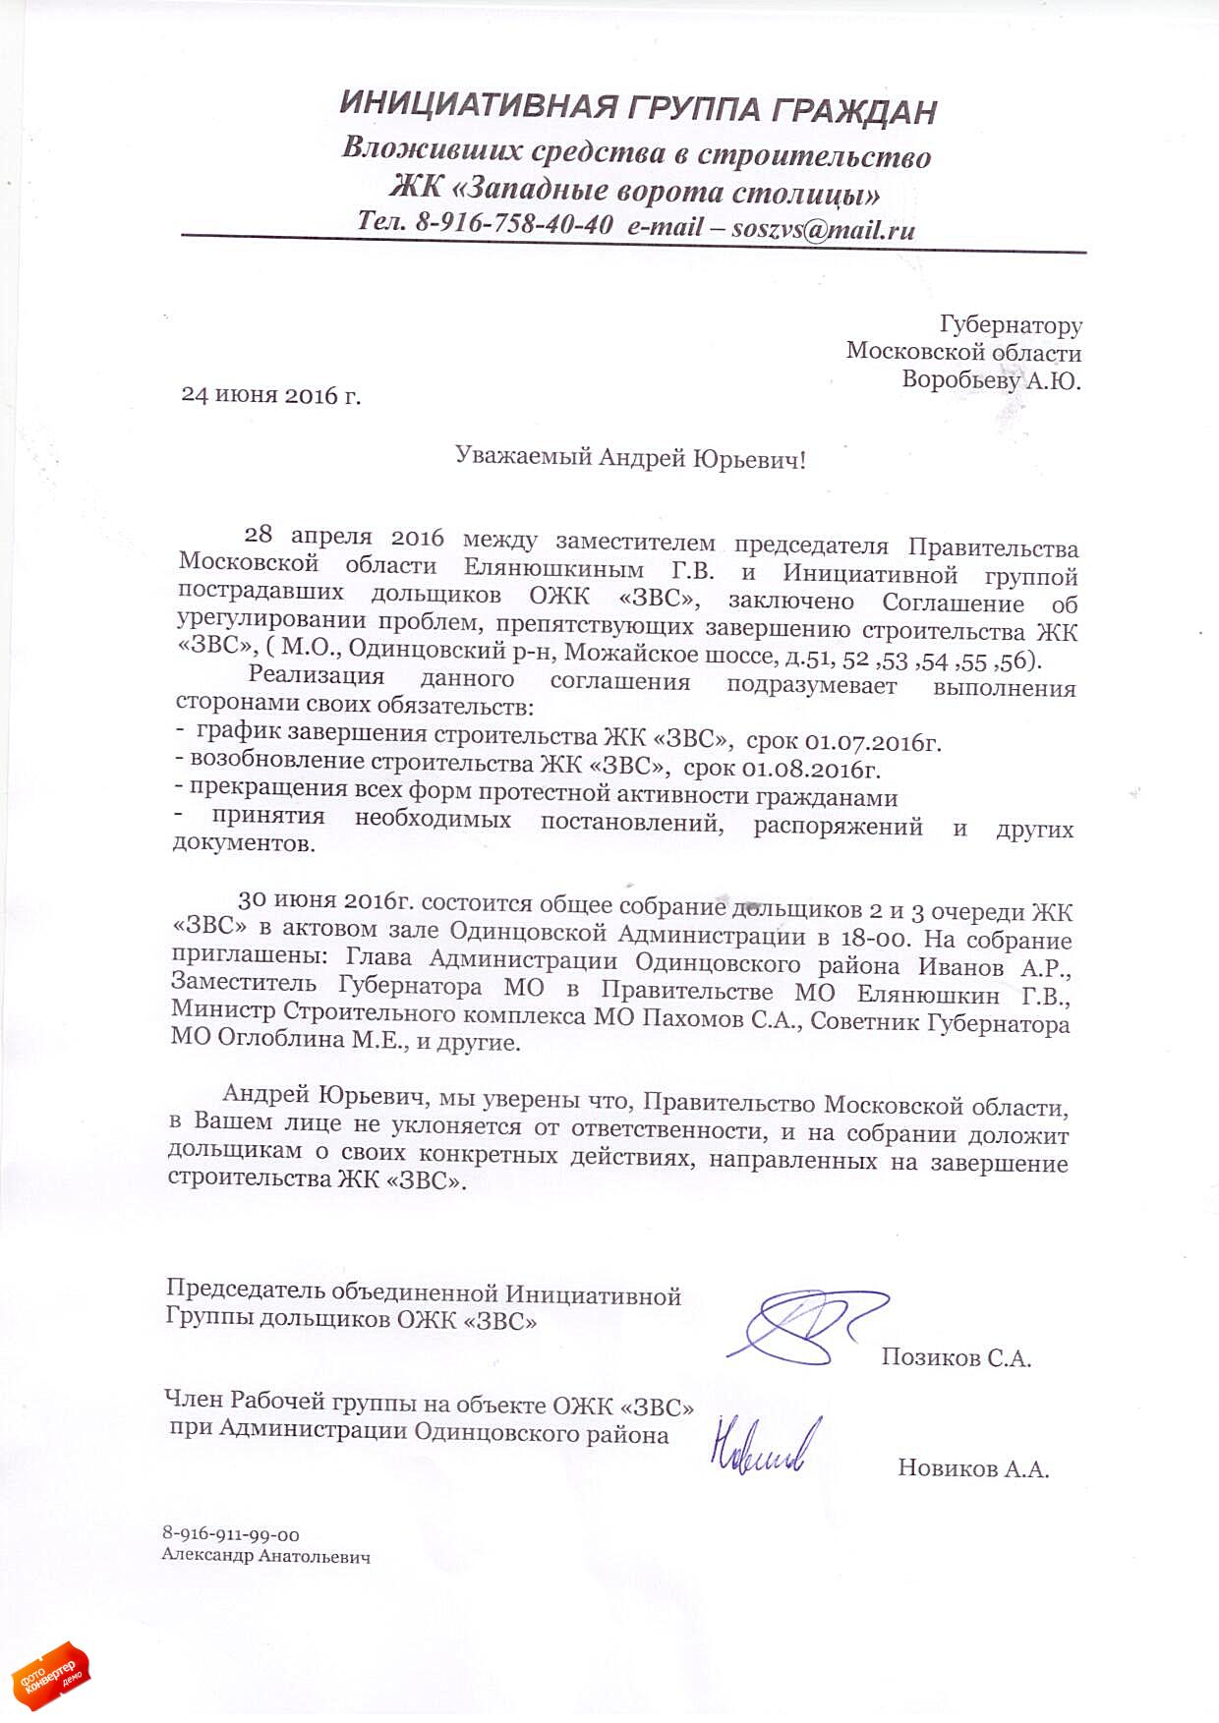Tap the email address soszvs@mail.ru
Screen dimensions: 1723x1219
click(823, 230)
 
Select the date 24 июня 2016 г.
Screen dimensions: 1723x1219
click(271, 395)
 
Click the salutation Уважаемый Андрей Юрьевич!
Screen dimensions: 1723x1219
click(630, 457)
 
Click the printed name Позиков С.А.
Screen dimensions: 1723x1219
click(956, 1358)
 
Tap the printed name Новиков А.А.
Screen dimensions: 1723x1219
click(972, 1469)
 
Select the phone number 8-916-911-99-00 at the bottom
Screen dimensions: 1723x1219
click(231, 1534)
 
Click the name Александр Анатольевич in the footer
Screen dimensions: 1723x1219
click(265, 1557)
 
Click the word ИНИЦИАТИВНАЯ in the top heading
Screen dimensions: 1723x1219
click(478, 105)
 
